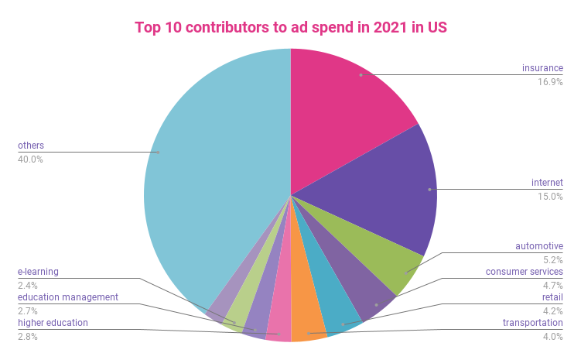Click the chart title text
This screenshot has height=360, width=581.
pos(290,27)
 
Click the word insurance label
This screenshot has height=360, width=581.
pos(542,68)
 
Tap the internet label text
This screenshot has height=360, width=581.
pos(546,183)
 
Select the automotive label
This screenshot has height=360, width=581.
pos(538,246)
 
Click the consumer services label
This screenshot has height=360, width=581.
pos(524,272)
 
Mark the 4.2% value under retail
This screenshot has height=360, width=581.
pos(552,310)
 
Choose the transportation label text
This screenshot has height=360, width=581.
pos(532,323)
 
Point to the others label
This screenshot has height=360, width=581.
pos(31,146)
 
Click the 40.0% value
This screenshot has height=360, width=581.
pos(30,159)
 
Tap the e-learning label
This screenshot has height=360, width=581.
pos(38,272)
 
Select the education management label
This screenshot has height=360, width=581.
pos(67,297)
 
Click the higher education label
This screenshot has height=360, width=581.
pos(53,323)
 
